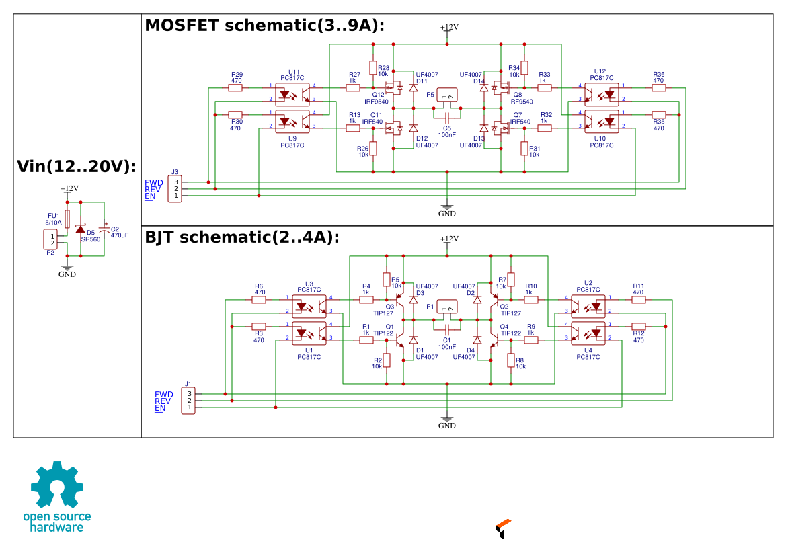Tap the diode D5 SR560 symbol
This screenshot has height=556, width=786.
pyautogui.click(x=81, y=229)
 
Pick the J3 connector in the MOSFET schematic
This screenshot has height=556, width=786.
pyautogui.click(x=175, y=188)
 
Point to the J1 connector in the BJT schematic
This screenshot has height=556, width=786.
pyautogui.click(x=189, y=400)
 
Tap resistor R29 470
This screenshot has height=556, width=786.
pyautogui.click(x=236, y=87)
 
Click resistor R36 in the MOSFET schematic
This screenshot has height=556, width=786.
pyautogui.click(x=659, y=87)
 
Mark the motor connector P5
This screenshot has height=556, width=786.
pyautogui.click(x=447, y=95)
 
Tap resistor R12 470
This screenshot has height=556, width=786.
pyautogui.click(x=639, y=326)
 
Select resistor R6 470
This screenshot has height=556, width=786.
pyautogui.click(x=259, y=300)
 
